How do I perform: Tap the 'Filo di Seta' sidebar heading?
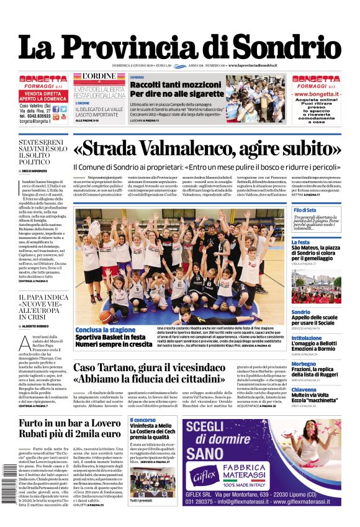(305, 210)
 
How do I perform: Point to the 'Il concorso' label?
(142, 420)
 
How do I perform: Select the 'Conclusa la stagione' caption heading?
(106, 330)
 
